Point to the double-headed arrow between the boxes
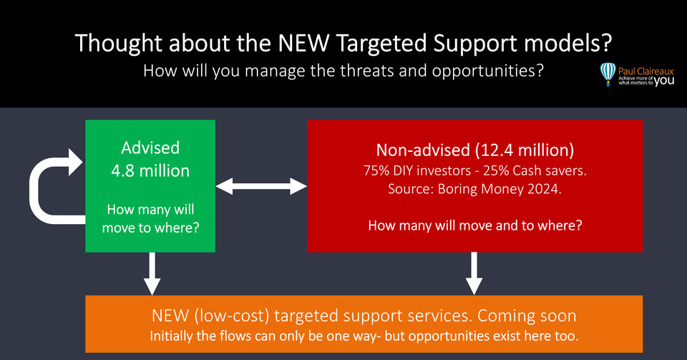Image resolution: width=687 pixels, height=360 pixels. pyautogui.click(x=261, y=187)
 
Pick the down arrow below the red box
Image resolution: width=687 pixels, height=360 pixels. pyautogui.click(x=473, y=273)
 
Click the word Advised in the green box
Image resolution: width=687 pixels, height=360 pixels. pyautogui.click(x=150, y=148)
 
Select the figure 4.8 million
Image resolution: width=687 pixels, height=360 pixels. pyautogui.click(x=150, y=171)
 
